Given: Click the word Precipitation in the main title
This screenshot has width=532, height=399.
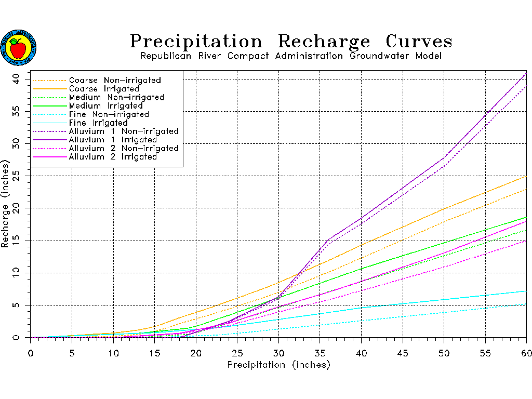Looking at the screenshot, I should point(196,42).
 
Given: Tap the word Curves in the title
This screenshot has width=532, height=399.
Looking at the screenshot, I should point(419,42).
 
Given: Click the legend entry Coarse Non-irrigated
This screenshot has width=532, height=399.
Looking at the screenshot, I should point(115,81).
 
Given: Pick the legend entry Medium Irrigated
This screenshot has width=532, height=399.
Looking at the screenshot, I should point(106,106).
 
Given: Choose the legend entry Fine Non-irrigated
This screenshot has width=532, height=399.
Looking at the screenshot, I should point(109,114).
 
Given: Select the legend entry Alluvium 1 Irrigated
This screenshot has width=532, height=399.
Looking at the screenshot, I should point(113,140).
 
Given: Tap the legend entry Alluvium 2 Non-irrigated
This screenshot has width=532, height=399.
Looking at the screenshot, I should point(124,149).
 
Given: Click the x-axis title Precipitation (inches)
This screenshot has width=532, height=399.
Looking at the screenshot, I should point(278,365).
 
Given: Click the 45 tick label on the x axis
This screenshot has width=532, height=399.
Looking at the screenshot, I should point(403,353).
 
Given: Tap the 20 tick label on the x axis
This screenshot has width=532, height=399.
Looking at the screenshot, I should point(196,353).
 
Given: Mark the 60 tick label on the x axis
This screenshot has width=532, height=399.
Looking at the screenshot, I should point(526,353).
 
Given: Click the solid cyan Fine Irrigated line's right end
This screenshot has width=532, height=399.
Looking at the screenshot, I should point(526,291).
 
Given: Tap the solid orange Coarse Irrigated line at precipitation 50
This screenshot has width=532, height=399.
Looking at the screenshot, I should point(444,209).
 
